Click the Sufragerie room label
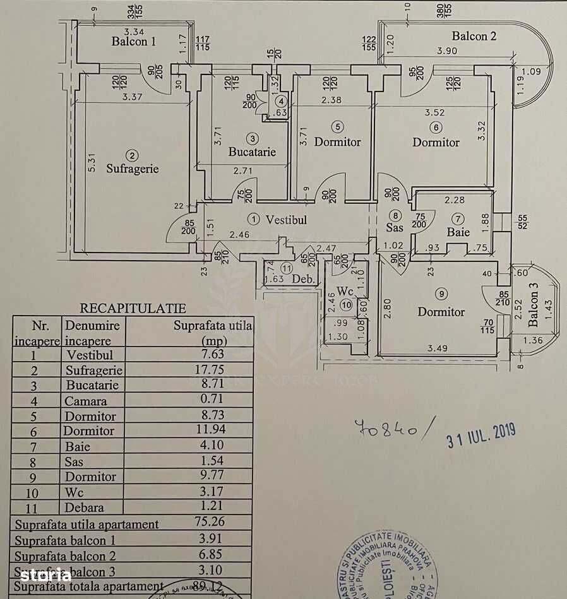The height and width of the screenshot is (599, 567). [132, 169]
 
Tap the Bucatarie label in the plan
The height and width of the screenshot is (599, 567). [252, 152]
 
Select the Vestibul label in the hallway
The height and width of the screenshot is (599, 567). [286, 220]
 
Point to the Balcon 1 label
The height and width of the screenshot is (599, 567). [133, 42]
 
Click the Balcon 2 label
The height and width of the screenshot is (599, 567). [474, 36]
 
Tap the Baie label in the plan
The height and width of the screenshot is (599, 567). [458, 232]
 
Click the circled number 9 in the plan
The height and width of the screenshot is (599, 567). [441, 293]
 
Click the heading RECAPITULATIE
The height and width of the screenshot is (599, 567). [133, 309]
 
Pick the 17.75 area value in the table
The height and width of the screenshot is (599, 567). [209, 370]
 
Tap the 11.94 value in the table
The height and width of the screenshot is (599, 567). [209, 430]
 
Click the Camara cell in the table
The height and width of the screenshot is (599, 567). [85, 401]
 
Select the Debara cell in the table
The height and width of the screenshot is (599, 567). [84, 507]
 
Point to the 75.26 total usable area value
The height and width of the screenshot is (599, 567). [209, 522]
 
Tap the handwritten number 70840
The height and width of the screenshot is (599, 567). [388, 429]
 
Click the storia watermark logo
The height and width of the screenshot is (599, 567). [45, 574]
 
